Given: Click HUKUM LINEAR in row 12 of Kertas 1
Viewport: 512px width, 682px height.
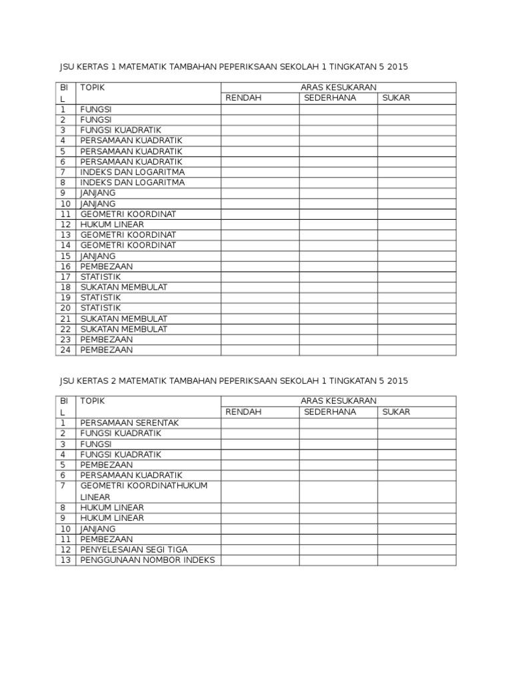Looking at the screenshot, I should [x=112, y=224].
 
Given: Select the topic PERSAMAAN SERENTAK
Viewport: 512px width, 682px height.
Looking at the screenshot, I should [x=129, y=423].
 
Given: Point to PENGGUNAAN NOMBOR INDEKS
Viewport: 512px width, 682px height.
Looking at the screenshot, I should [x=147, y=560].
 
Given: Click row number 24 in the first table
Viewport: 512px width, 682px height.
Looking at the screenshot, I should [x=64, y=350].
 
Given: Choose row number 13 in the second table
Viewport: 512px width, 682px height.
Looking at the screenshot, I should [x=64, y=560].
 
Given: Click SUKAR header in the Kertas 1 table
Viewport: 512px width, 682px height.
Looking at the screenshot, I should [x=396, y=98].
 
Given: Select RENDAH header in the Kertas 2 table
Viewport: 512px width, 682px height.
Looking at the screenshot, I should [x=243, y=412].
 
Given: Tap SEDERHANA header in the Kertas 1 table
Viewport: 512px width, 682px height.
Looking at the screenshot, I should [x=330, y=98].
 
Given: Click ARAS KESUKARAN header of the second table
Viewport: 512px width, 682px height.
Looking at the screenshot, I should [x=339, y=401].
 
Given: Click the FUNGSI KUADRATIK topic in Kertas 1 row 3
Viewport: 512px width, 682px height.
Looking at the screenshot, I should [x=121, y=130].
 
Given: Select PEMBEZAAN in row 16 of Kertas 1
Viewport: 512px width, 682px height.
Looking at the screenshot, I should [x=106, y=266].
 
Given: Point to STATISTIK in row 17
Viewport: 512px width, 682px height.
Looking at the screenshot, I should [x=101, y=276].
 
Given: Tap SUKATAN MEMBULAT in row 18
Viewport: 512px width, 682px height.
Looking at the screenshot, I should [x=123, y=287].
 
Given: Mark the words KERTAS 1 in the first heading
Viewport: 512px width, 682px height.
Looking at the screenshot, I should [x=96, y=67].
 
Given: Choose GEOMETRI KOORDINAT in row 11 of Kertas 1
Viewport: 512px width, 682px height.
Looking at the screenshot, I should [x=128, y=214].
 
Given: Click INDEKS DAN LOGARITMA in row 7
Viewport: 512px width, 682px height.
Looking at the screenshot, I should [x=132, y=172].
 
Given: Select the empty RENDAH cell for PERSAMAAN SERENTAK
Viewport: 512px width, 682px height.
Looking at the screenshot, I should [x=259, y=423].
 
